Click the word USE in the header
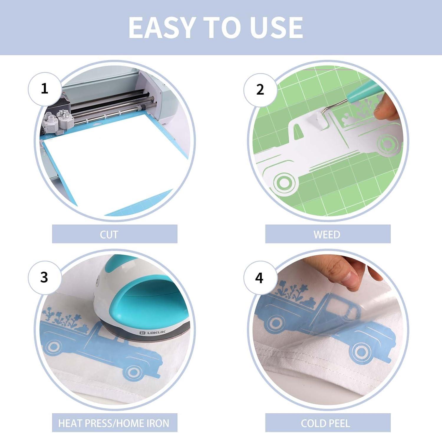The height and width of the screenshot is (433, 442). (276, 27)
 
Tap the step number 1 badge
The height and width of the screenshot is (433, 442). (44, 88)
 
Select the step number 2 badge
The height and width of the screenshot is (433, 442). (260, 90)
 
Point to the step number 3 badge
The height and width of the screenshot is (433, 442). (44, 277)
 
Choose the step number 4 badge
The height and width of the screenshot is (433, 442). (259, 278)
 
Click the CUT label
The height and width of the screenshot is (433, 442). (109, 235)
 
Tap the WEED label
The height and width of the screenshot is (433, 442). (327, 235)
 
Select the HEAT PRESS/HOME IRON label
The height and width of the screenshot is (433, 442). (114, 423)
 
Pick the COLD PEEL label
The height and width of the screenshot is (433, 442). (325, 423)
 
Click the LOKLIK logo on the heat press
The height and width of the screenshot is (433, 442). (152, 332)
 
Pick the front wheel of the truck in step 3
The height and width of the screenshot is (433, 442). (134, 372)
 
